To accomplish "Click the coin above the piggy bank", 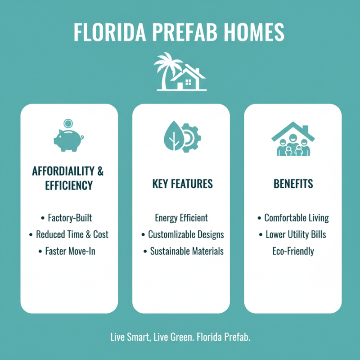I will (x=68, y=122).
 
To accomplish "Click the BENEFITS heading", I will (x=293, y=184).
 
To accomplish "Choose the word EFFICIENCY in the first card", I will (x=69, y=185).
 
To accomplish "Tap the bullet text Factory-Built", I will (x=70, y=218).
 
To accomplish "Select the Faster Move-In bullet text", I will (x=70, y=251).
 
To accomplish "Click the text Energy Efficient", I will (x=181, y=218).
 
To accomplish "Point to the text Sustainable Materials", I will (x=186, y=251).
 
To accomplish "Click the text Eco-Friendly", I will (x=293, y=251).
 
